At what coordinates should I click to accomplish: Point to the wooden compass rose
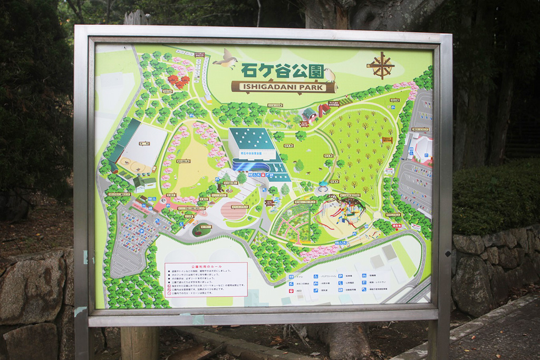[x=381, y=65]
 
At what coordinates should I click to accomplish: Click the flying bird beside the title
[x=226, y=59]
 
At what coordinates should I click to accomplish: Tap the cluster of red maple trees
[x=178, y=81]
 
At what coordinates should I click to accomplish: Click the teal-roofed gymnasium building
[x=252, y=143]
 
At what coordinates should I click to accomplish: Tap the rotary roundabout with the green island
[x=201, y=230]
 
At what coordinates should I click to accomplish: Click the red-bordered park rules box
[x=206, y=279]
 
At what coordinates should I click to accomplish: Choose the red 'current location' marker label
[x=397, y=225]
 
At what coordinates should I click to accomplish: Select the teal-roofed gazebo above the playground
[x=322, y=186]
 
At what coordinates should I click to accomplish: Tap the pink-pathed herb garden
[x=292, y=221]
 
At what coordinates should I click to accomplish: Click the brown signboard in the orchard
[x=387, y=140]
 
